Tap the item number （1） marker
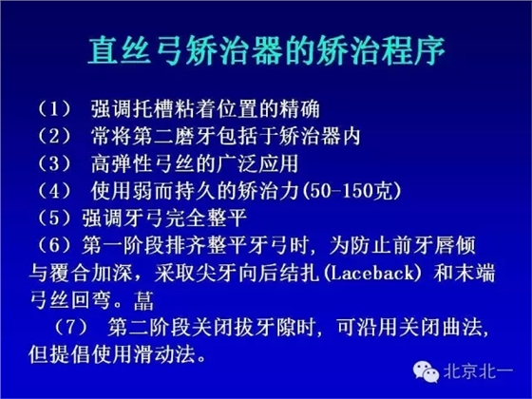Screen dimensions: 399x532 50,104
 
